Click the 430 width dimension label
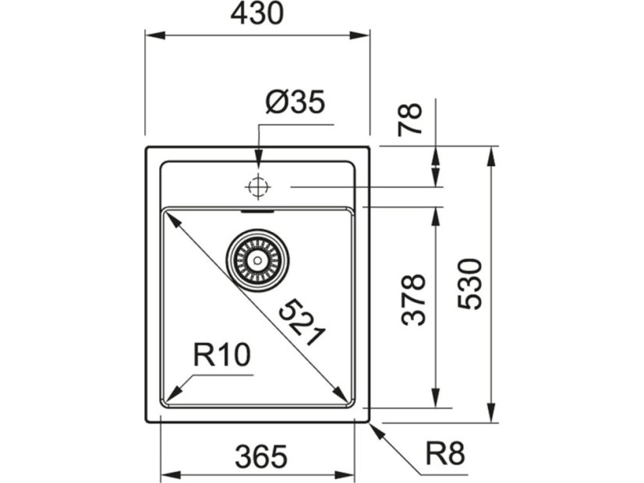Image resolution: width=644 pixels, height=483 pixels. pos(257,14)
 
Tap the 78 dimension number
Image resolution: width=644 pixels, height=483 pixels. pos(410,119)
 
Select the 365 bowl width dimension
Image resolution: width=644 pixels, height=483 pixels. pos(259,456)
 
